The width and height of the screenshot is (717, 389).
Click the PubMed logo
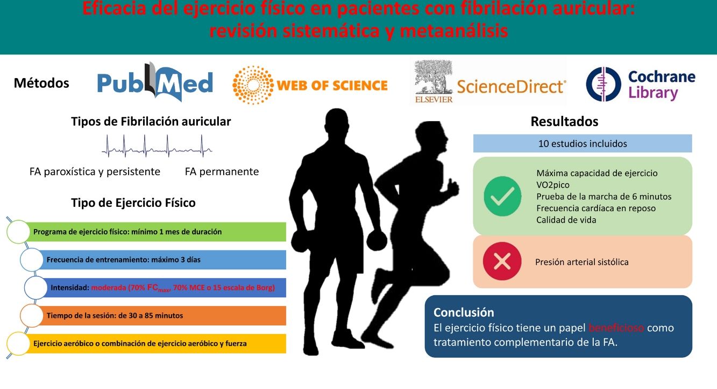click(155, 83)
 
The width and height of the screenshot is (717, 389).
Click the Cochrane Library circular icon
click(603, 85)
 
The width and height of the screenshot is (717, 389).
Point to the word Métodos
click(41, 84)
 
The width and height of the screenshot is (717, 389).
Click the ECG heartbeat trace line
click(157, 145)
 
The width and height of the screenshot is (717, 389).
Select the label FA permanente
click(222, 172)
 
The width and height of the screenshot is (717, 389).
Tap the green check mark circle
click(502, 197)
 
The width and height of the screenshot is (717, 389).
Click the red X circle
click(502, 262)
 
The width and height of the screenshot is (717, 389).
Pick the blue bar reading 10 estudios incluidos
click(582, 144)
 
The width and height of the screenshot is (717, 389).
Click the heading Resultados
click(564, 122)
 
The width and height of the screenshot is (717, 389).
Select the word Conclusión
click(464, 312)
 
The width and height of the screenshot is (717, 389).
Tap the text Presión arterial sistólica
click(581, 262)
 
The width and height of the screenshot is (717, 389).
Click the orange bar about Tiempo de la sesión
click(161, 316)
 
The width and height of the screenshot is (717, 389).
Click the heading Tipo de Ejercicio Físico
click(133, 203)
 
